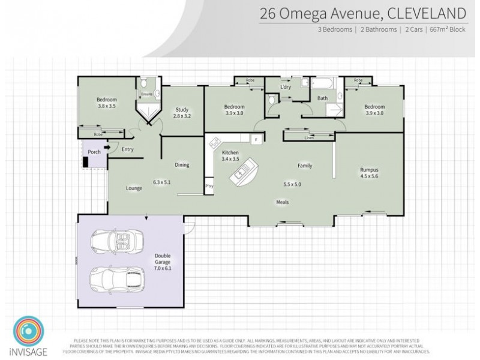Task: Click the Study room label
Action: click(x=182, y=109)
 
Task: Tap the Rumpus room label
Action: click(x=370, y=170)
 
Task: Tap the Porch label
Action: click(x=94, y=152)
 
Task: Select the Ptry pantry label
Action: click(x=209, y=186)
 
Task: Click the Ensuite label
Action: click(x=146, y=94)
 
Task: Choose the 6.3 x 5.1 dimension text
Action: click(x=163, y=181)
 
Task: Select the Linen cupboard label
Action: click(x=309, y=139)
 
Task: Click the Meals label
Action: click(x=283, y=202)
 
